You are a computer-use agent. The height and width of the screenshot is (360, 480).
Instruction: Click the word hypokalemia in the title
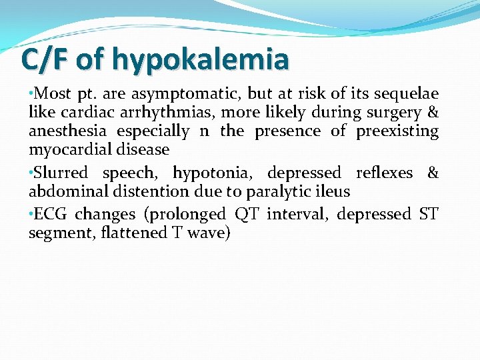click(201, 59)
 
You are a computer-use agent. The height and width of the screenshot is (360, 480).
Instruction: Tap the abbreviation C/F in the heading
click(45, 59)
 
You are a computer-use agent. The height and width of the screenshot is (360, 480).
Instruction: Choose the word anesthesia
click(67, 131)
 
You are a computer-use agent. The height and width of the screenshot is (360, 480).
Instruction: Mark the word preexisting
click(397, 131)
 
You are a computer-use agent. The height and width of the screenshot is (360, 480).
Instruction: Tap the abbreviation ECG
click(51, 214)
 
